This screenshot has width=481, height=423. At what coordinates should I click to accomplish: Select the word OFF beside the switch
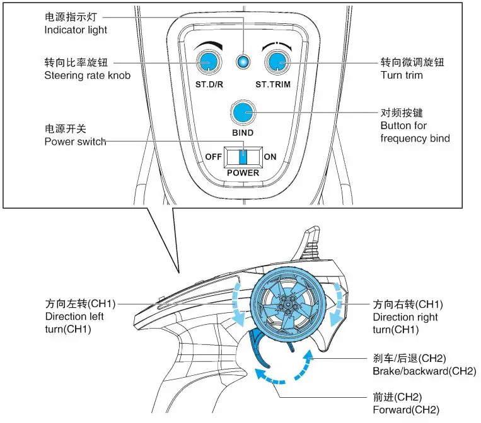[214, 157]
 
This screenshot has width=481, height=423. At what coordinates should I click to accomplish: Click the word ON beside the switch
[270, 157]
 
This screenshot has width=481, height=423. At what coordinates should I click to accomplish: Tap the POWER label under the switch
[243, 173]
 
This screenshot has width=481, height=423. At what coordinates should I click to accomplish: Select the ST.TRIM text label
[272, 84]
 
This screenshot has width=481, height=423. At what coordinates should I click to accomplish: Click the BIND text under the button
[243, 133]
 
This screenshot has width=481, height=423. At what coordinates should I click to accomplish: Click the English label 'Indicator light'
[76, 30]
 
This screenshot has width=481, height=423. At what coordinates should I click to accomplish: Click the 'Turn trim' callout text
[401, 76]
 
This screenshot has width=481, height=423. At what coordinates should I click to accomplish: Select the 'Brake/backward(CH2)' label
[424, 371]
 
